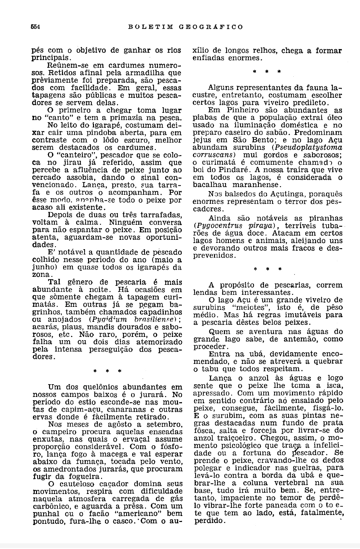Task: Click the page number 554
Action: pyautogui.click(x=35, y=27)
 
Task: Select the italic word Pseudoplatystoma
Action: pyautogui.click(x=309, y=147)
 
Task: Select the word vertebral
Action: pyautogui.click(x=295, y=483)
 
